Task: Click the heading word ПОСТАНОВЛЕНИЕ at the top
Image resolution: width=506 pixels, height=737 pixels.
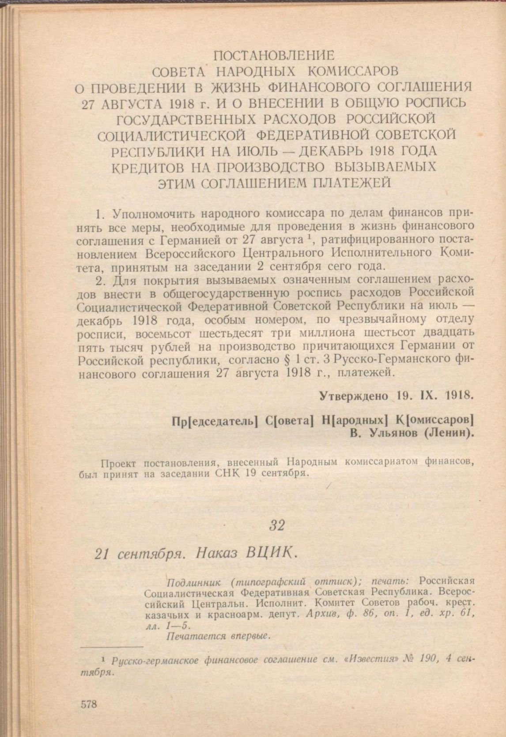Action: (274, 56)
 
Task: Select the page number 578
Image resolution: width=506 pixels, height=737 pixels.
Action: (89, 704)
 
